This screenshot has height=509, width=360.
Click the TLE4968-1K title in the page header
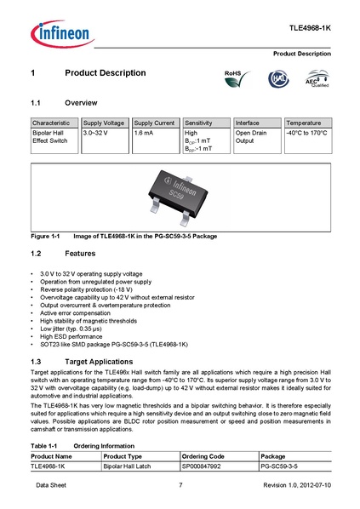tap(311, 29)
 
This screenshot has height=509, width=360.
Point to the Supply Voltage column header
tap(105, 123)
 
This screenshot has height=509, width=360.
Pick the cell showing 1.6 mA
tap(144, 134)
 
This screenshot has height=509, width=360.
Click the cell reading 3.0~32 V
tap(96, 134)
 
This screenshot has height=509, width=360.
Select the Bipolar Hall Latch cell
tap(126, 466)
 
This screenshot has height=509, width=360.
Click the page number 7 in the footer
tap(180, 485)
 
